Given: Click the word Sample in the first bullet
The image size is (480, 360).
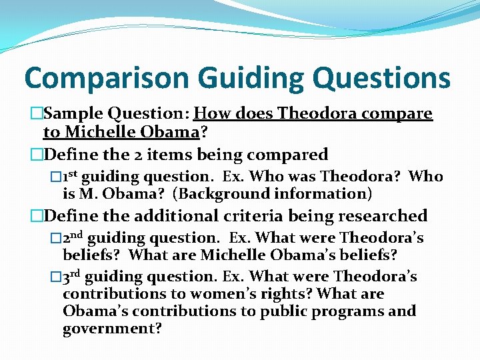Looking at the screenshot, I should coord(73,114).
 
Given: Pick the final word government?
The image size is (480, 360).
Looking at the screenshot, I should coord(112,329).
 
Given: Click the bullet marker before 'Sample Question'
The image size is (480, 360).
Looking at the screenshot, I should coord(35,114).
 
